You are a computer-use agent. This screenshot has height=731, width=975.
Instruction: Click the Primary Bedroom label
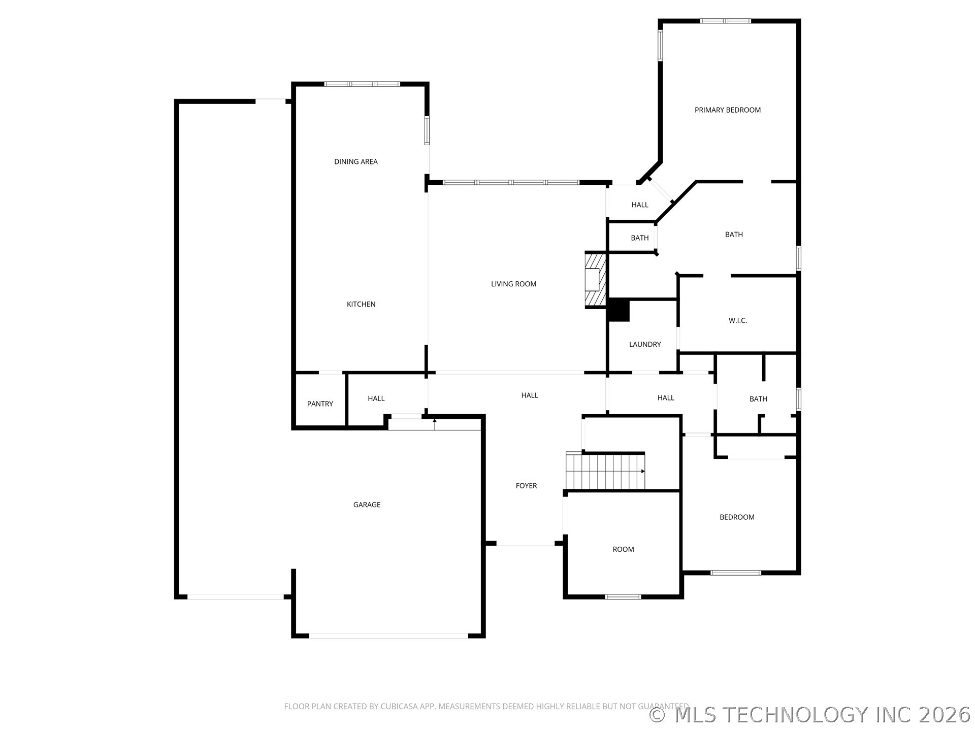(727, 110)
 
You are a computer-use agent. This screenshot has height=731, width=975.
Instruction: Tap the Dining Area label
(355, 162)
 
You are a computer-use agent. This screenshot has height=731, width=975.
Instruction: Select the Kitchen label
(361, 305)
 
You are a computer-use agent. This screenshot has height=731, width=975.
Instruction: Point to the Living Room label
(513, 284)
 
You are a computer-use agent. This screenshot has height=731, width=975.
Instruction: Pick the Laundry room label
(645, 345)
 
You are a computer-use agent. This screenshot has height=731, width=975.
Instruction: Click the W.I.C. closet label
(737, 321)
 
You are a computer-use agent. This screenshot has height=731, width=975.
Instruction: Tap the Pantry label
(320, 404)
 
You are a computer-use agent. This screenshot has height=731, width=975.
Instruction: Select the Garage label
(367, 505)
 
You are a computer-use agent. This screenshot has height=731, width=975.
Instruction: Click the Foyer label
(526, 486)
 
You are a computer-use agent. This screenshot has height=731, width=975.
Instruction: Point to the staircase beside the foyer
(605, 471)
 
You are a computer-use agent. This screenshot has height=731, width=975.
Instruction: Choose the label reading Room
(623, 549)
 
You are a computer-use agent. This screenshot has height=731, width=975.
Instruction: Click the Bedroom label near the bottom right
(737, 517)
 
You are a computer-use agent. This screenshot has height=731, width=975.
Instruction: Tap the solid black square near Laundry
(619, 310)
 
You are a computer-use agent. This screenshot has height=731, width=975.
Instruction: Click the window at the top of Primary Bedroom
(725, 21)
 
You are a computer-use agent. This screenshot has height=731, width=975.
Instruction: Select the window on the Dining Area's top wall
(362, 84)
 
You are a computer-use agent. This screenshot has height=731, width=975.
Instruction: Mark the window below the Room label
(623, 596)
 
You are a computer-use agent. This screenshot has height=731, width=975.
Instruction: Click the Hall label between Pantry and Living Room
(376, 398)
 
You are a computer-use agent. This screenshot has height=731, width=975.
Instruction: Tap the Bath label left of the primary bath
(640, 238)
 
